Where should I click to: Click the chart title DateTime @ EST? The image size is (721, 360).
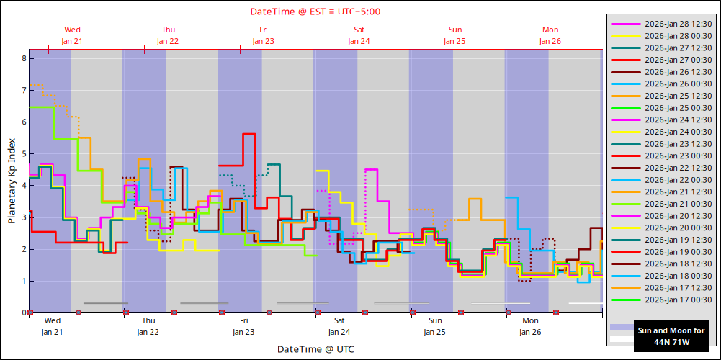[x=315, y=12]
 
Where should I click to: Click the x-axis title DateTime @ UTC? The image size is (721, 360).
[x=315, y=349]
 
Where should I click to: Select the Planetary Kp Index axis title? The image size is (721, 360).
[x=12, y=181]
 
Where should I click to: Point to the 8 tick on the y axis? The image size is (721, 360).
[x=23, y=58]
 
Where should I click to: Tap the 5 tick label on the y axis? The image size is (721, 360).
[x=23, y=154]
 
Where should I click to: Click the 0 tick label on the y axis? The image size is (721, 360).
[x=23, y=312]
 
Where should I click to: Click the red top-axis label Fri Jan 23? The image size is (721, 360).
[x=263, y=35]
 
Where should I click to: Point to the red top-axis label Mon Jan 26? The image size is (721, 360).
[x=550, y=35]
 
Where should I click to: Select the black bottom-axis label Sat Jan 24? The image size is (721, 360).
[x=339, y=326]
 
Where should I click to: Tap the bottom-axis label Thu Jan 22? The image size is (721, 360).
[x=148, y=326]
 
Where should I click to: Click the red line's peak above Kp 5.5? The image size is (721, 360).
[x=249, y=134]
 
